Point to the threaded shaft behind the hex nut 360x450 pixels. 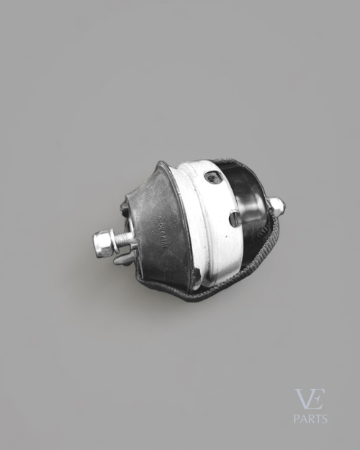pos(125,239)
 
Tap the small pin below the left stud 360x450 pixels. pos(124,258)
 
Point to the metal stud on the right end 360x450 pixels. pos(276,207)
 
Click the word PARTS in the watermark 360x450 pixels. pos(310,418)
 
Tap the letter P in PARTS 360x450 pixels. pos(297,418)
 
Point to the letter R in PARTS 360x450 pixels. pos(310,418)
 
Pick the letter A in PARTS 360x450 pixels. pos(303,418)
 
